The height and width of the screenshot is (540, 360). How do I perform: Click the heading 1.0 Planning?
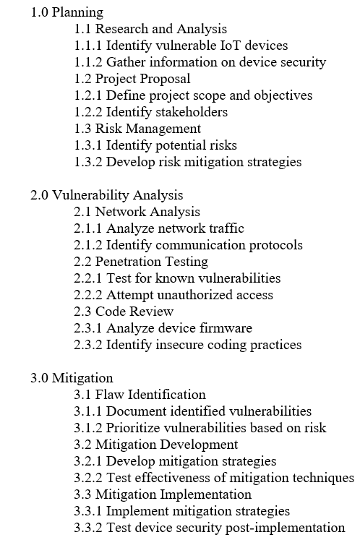tap(67, 12)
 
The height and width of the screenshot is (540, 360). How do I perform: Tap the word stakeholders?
tap(194, 112)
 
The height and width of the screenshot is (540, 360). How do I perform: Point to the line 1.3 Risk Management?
tap(137, 129)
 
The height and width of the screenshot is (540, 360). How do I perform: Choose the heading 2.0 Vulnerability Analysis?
tap(106, 195)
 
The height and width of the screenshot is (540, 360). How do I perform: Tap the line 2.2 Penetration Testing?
tap(141, 262)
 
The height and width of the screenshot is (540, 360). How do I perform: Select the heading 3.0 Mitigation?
tap(72, 378)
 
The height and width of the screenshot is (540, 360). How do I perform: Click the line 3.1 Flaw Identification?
tap(140, 395)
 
